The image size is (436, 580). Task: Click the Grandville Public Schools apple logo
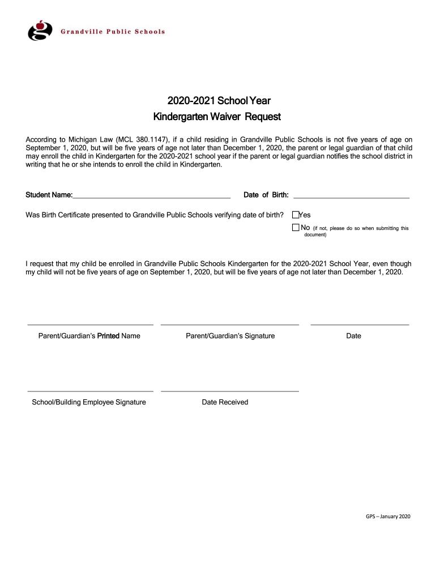click(40, 31)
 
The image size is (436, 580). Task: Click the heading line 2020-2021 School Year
click(219, 101)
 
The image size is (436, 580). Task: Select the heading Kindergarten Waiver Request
click(218, 117)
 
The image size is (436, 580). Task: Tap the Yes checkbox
click(295, 215)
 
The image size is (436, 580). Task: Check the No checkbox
click(295, 228)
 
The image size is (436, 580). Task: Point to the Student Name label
click(49, 195)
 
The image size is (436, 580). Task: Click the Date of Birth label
click(266, 195)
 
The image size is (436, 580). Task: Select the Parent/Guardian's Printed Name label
click(89, 336)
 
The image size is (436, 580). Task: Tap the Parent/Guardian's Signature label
click(230, 336)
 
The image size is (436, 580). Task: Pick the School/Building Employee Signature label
click(89, 402)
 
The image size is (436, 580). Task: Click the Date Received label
click(225, 402)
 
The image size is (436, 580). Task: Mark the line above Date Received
click(230, 391)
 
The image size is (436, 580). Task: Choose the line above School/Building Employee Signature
click(91, 391)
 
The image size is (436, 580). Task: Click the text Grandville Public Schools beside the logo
click(113, 32)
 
